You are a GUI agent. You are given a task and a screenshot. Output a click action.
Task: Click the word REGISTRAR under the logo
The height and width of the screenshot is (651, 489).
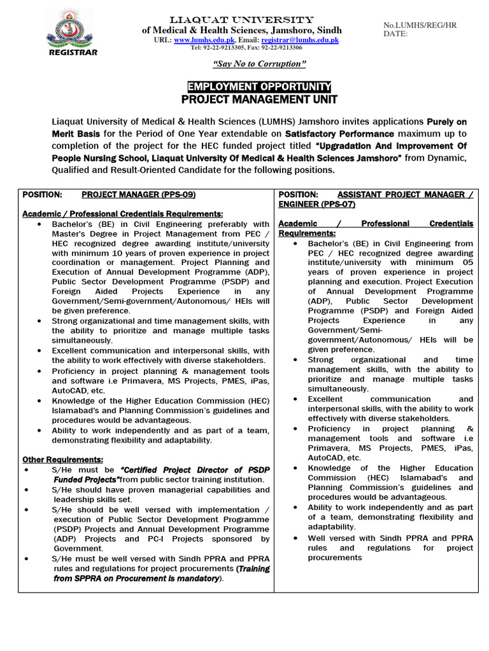[x=73, y=53]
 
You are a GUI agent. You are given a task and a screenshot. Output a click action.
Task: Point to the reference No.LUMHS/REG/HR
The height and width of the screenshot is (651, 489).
[x=419, y=25]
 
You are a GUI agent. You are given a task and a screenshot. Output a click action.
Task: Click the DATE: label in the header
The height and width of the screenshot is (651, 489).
[x=395, y=34]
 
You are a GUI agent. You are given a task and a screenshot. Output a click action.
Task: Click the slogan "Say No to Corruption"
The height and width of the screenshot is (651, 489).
[x=259, y=64]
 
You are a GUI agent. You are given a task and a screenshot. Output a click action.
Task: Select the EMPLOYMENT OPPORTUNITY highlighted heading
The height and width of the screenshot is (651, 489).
[x=259, y=86]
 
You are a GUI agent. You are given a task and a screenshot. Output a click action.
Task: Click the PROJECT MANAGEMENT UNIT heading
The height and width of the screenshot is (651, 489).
[x=259, y=99]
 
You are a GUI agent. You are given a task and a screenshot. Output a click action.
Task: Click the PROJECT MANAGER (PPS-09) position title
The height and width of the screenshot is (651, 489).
[x=138, y=194]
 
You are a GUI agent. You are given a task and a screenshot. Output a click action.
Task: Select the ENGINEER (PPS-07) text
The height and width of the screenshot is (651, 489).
[x=316, y=204]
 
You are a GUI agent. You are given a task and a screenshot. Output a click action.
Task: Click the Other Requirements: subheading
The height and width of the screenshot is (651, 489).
[x=63, y=459]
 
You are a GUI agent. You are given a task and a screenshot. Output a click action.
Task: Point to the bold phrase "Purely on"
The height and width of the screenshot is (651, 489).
[x=446, y=121]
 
